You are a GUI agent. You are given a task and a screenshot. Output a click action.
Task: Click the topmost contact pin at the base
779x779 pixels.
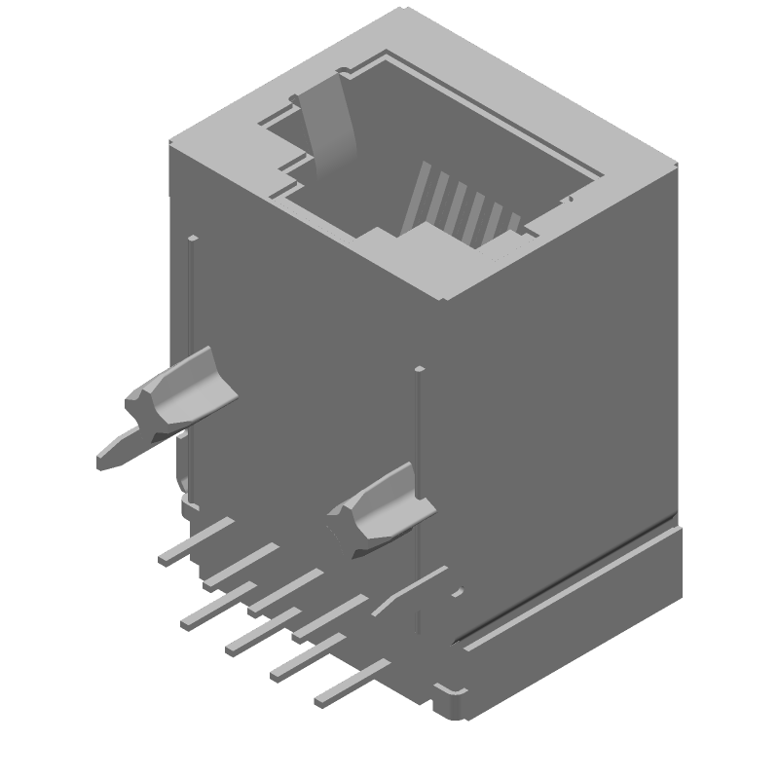pos(195,540)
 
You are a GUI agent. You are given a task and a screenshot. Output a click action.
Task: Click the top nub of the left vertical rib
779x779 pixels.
pos(193,239)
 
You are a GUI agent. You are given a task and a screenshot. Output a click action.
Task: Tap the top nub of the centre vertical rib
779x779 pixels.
pos(419,369)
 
